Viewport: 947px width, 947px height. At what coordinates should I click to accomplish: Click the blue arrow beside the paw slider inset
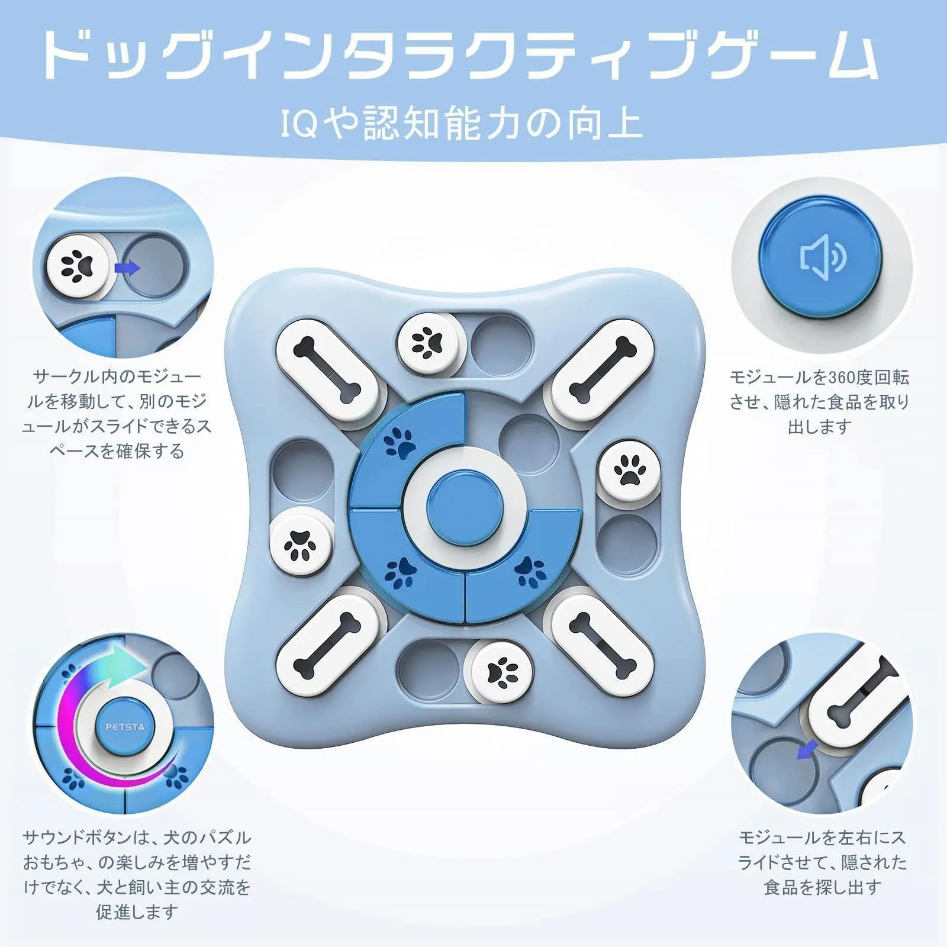(x=127, y=268)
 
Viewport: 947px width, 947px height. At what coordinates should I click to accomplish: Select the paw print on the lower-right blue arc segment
(x=530, y=571)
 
